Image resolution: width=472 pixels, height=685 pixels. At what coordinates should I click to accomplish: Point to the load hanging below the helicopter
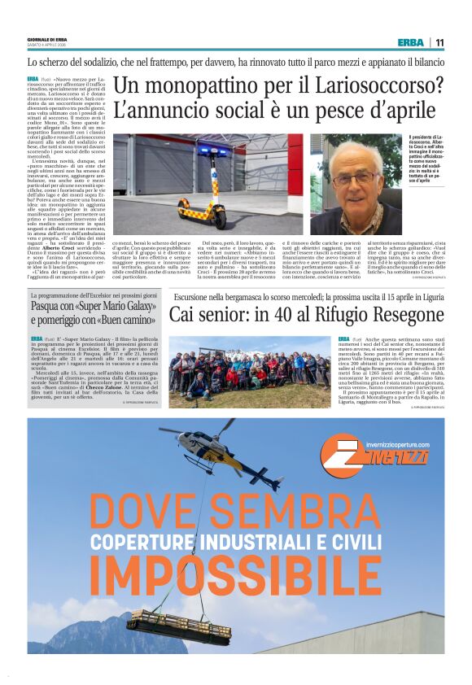pyautogui.click(x=179, y=626)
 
